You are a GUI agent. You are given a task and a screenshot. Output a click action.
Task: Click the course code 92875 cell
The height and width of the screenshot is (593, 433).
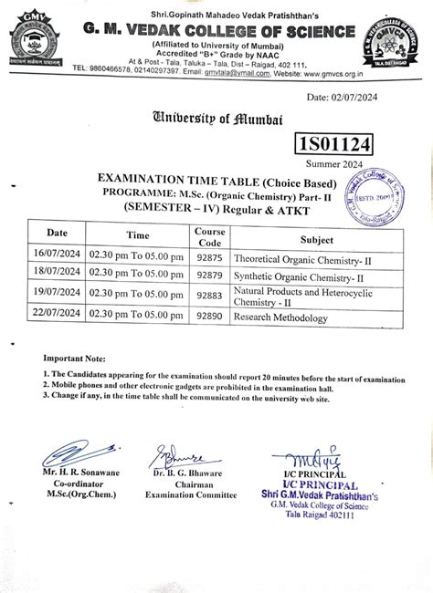click(x=208, y=259)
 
